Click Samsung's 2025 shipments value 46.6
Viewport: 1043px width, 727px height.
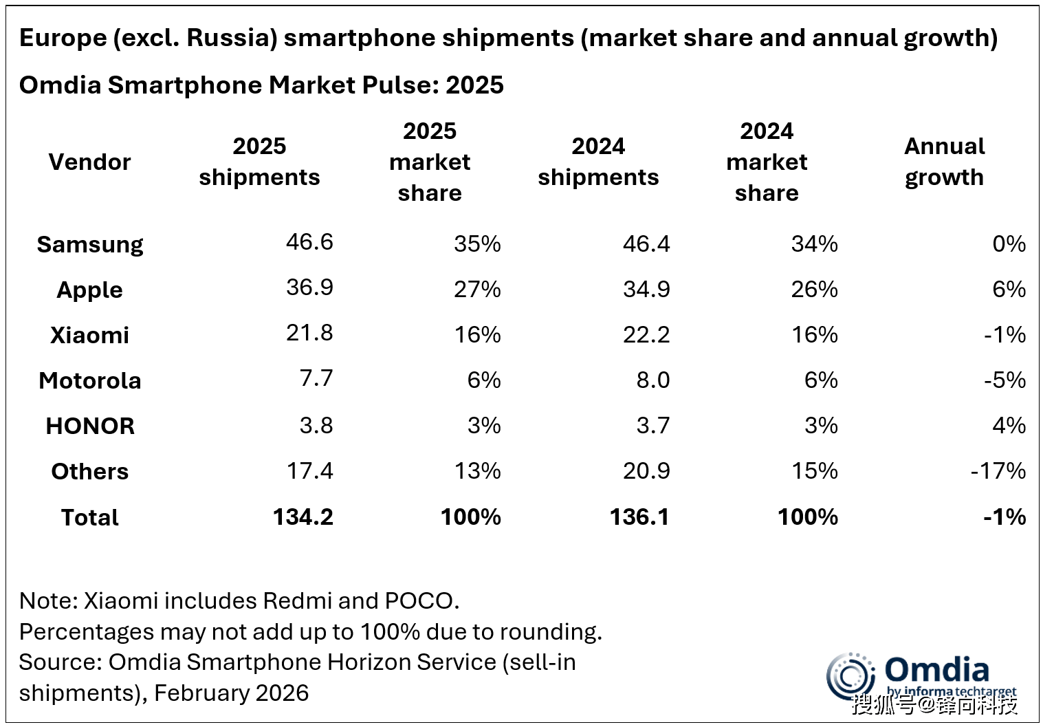(x=309, y=242)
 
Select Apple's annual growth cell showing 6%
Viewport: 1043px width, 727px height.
(x=1009, y=289)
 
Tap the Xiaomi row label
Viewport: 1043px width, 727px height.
(x=89, y=335)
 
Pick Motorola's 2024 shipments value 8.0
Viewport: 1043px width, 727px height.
(x=652, y=380)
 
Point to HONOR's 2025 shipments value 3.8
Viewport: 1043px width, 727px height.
(x=316, y=425)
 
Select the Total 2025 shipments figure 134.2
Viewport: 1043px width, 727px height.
(x=303, y=517)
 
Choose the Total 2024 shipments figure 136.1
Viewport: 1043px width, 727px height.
(x=639, y=517)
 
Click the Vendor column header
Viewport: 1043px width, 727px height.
(x=89, y=162)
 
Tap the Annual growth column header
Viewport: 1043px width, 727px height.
(x=944, y=162)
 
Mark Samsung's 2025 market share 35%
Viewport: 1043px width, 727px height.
(x=477, y=243)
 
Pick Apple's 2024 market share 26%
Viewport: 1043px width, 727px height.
(x=814, y=289)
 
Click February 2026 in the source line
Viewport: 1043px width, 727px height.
(x=231, y=693)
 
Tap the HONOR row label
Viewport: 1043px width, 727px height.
(x=89, y=426)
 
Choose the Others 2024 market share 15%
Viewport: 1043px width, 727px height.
(x=814, y=470)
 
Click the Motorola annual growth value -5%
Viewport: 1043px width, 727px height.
(x=1004, y=380)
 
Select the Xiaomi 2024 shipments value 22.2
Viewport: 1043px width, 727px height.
(x=646, y=334)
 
